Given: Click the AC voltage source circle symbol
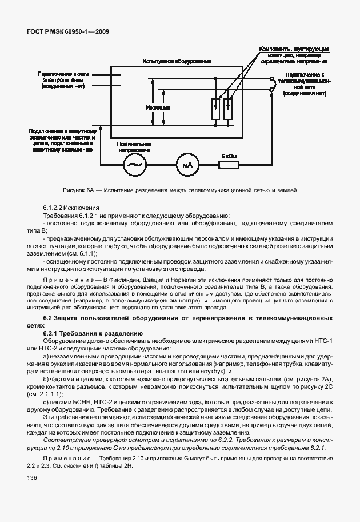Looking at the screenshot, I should point(137,165).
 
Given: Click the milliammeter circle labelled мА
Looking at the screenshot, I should point(187,165).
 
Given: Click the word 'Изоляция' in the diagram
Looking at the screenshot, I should point(158,107).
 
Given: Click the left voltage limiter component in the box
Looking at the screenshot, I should point(215,106).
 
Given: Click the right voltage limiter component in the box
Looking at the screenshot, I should point(229,106).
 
